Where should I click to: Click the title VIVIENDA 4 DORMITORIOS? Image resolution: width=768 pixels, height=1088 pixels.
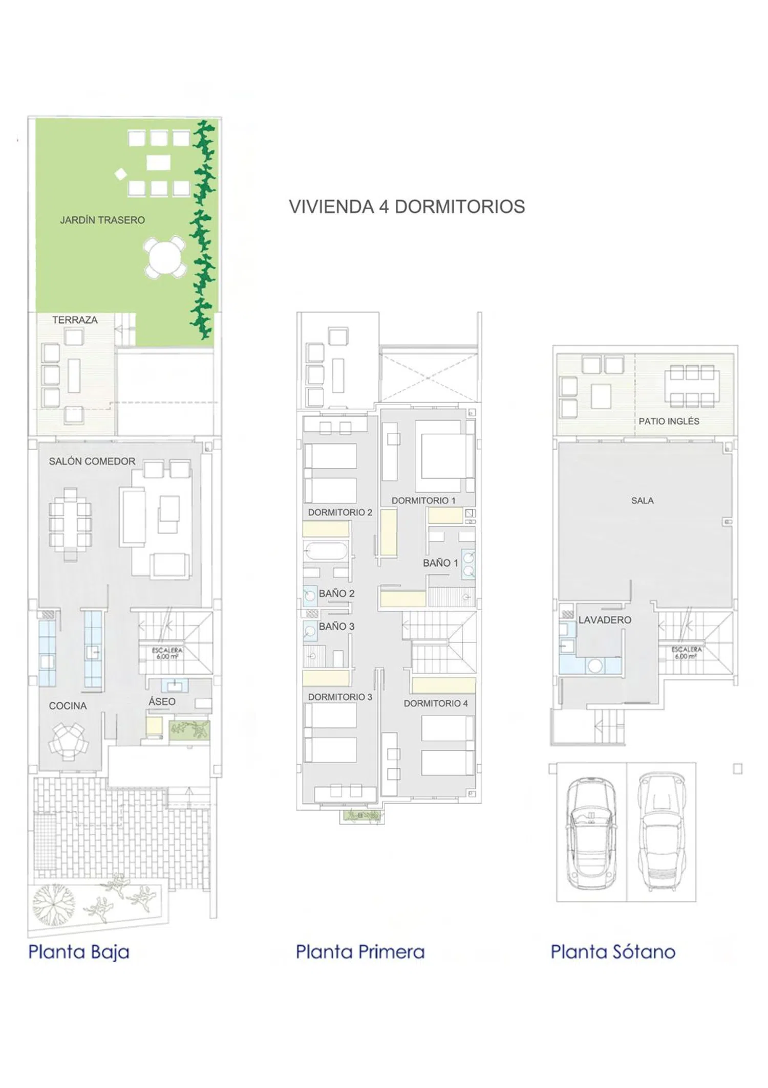tap(407, 207)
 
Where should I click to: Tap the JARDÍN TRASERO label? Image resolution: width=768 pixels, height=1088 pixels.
tap(102, 220)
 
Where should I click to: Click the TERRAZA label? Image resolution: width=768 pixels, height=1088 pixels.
tap(75, 320)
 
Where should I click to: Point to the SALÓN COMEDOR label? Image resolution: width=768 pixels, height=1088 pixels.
tap(92, 461)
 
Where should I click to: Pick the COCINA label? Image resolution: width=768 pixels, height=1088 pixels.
tap(68, 706)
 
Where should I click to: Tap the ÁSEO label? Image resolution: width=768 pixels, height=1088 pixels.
tap(162, 701)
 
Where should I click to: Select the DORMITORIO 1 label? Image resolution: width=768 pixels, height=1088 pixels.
tap(423, 501)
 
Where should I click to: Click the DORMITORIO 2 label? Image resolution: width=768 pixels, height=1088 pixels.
tap(340, 513)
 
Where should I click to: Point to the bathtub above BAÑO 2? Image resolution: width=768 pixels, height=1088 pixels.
tap(326, 551)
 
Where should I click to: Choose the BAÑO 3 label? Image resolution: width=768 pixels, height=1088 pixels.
tap(336, 626)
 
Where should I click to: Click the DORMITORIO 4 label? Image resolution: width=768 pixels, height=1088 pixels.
tap(436, 703)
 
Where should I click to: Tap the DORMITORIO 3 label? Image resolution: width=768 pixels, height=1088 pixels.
tap(340, 697)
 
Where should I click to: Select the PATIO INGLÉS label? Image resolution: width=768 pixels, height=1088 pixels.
tap(669, 421)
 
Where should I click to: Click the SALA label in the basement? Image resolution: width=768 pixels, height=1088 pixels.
tap(642, 501)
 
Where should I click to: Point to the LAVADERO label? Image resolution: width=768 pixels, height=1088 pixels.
tap(605, 620)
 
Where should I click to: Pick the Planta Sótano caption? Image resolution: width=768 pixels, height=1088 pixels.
tap(613, 952)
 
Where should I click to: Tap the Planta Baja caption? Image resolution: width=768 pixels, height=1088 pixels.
tap(79, 952)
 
